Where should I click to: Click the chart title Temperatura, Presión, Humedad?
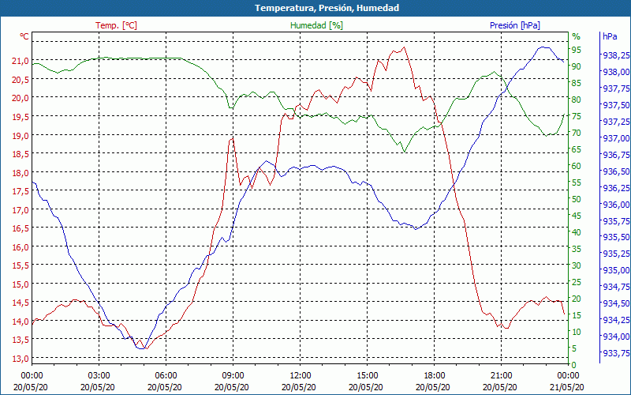tap(315, 8)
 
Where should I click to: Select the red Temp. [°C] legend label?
tap(116, 25)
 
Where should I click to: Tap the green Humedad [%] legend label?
tap(316, 25)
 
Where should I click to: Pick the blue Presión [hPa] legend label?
tap(514, 25)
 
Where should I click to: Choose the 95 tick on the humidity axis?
tap(577, 50)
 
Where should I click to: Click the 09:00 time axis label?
tap(233, 375)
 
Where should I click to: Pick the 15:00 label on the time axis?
tap(368, 375)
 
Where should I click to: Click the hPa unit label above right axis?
tap(609, 36)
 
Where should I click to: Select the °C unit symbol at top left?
tap(24, 36)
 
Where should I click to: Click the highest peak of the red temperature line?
tap(405, 47)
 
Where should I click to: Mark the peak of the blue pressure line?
tap(543, 47)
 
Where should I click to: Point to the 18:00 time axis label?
tap(435, 375)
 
